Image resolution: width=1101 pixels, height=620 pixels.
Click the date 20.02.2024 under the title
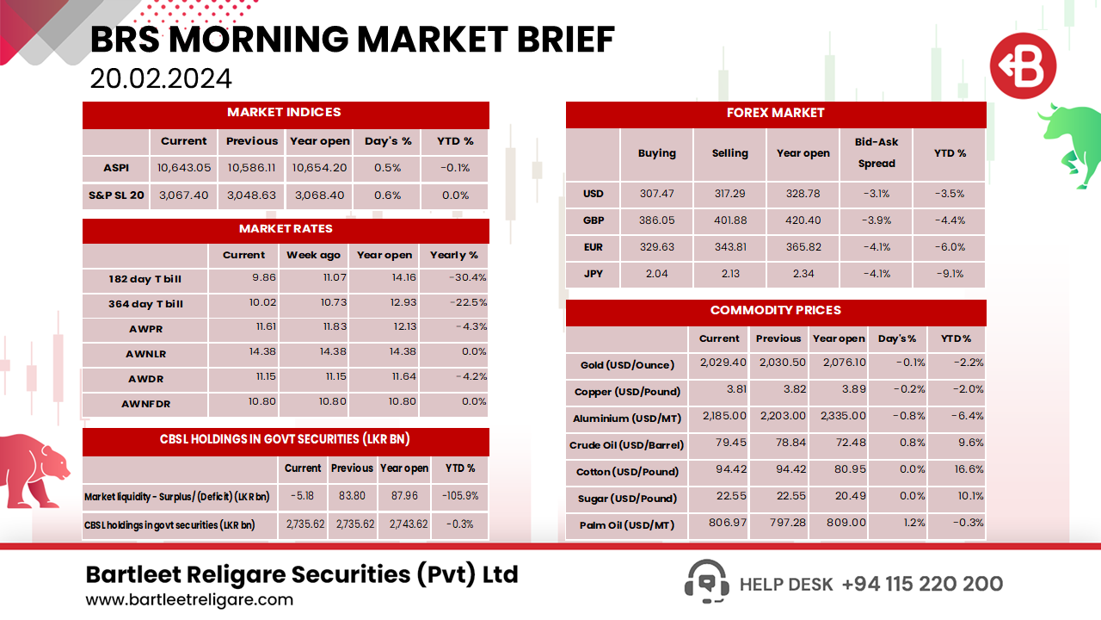click(x=161, y=78)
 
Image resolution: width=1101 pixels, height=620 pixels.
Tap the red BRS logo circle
click(x=1023, y=66)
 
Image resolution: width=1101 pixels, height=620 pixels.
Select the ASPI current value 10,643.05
click(x=184, y=168)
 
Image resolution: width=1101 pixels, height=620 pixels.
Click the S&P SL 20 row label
click(x=116, y=195)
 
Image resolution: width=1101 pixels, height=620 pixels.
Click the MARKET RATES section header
click(x=286, y=229)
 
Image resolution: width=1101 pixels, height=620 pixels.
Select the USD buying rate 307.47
click(x=656, y=194)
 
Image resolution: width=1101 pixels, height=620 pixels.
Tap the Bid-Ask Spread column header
click(x=876, y=152)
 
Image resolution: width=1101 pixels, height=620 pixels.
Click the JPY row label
click(x=593, y=274)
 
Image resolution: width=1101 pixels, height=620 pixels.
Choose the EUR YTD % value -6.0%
click(x=950, y=247)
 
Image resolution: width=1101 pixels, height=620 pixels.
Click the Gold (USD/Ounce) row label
click(x=626, y=364)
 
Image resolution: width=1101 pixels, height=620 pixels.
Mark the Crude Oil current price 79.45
click(x=718, y=444)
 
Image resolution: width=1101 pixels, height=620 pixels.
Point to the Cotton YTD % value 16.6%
click(x=956, y=471)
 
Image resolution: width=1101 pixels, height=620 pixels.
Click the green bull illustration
click(x=1070, y=142)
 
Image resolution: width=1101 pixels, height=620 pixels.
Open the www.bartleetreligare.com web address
click(x=189, y=599)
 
